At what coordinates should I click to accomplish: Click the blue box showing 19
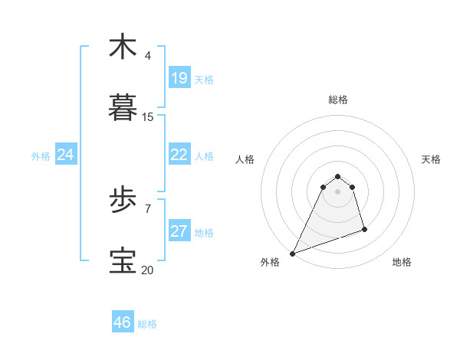click(x=179, y=78)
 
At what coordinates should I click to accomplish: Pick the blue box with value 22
click(x=179, y=155)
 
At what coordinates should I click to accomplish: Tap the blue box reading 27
click(x=179, y=232)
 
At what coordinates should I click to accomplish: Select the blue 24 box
click(x=66, y=155)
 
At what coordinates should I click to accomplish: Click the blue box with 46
click(x=123, y=322)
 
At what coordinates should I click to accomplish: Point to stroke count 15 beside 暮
click(x=148, y=117)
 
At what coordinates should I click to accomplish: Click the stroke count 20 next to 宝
click(x=148, y=270)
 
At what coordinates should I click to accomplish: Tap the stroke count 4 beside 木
click(x=148, y=56)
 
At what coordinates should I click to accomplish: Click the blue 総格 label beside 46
click(x=147, y=324)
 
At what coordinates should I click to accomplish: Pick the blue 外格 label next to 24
click(x=41, y=156)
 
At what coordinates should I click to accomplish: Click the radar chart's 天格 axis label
click(x=431, y=159)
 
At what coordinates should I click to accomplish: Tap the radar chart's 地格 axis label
click(x=402, y=262)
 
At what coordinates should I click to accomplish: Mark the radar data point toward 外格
click(x=292, y=254)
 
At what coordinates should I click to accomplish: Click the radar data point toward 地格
click(x=364, y=230)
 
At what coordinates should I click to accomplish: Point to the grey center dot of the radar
click(x=338, y=191)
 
